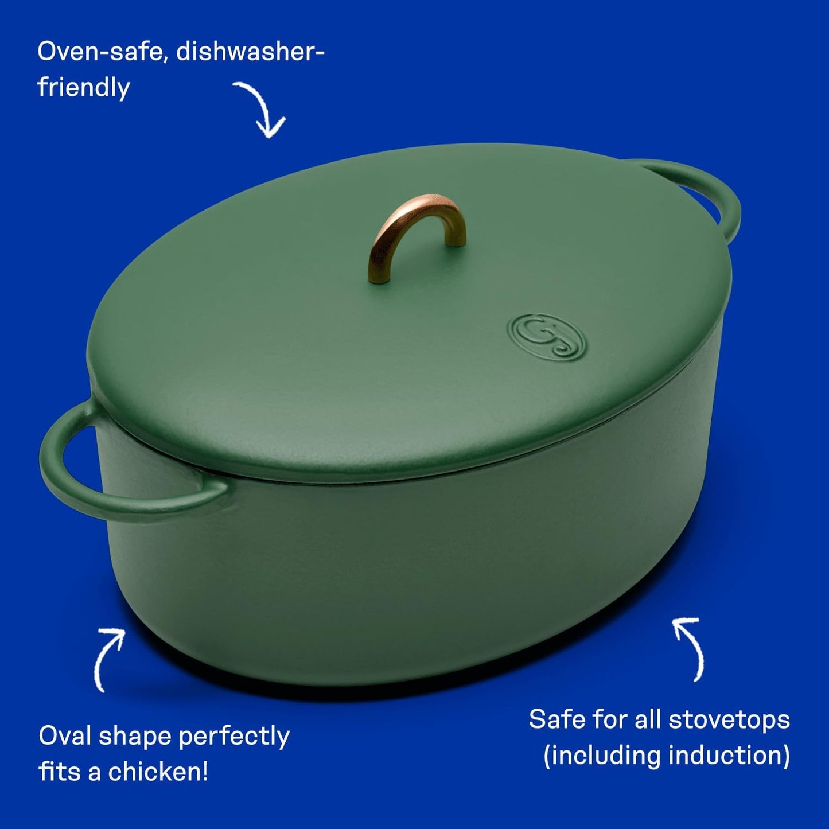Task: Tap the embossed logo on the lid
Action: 547,337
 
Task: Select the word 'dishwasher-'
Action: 250,52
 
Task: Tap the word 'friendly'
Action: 84,88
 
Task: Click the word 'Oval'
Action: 64,736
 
